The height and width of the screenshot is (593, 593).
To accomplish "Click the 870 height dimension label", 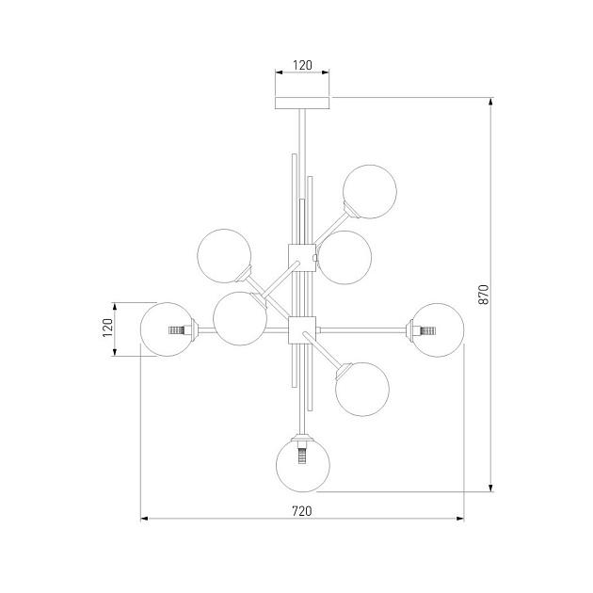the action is [484, 295].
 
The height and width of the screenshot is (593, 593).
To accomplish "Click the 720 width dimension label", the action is [302, 511].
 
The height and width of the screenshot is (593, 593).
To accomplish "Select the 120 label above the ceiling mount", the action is [302, 66].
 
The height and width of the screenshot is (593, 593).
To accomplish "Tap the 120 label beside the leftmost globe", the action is [108, 328].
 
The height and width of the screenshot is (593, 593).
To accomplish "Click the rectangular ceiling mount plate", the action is [302, 103].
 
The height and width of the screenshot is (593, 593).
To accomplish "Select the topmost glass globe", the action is [370, 191].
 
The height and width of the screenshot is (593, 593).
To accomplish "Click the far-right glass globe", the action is [437, 330].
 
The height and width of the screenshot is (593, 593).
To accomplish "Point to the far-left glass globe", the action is [168, 329].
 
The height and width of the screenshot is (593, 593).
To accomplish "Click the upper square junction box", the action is [302, 258].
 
